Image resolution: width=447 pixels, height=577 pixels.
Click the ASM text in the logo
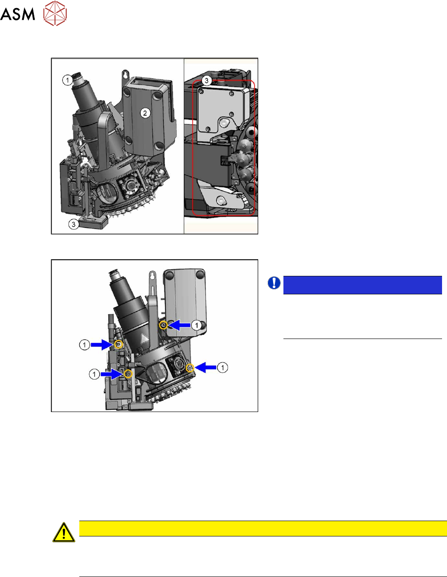click(18, 15)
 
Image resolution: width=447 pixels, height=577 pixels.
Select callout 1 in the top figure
click(67, 80)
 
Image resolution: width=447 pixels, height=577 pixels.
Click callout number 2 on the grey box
click(145, 113)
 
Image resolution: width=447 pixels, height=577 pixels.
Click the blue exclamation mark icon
click(274, 283)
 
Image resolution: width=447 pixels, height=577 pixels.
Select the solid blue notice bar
click(362, 285)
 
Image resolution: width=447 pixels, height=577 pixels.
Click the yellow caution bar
click(263, 528)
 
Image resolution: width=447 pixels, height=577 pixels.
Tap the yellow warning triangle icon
click(64, 532)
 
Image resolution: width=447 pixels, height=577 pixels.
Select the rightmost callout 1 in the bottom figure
click(223, 368)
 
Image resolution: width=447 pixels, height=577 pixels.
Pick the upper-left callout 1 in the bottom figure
click(84, 345)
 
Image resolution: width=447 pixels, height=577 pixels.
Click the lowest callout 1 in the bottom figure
click(94, 374)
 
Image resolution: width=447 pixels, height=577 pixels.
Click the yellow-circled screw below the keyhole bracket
click(164, 325)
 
